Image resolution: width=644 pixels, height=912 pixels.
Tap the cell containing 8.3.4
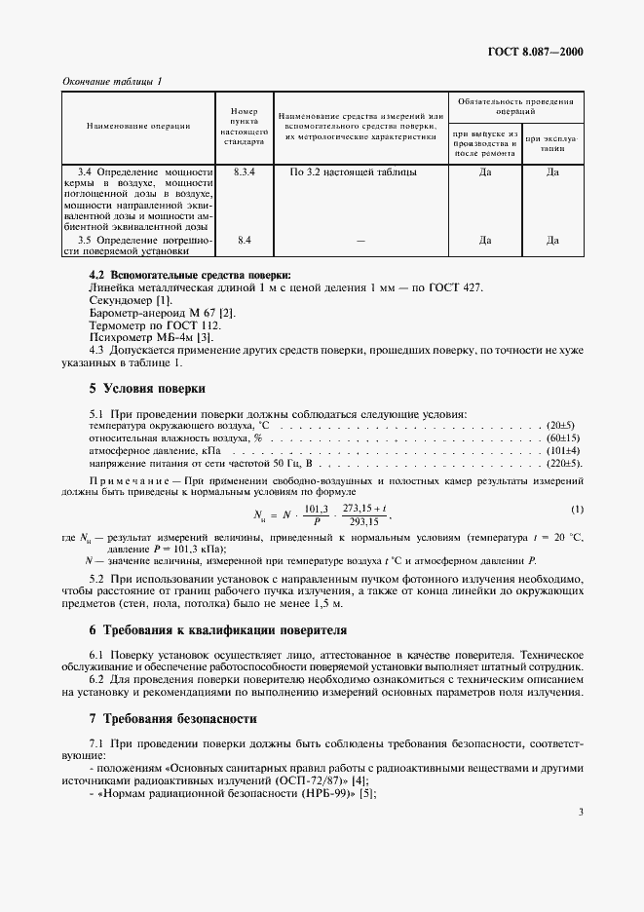point(244,172)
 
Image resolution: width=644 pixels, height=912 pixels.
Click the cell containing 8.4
point(244,239)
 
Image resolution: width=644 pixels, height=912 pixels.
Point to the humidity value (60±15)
point(562,439)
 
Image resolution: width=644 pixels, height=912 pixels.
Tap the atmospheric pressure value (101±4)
point(564,452)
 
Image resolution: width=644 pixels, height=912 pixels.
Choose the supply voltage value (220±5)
point(563,465)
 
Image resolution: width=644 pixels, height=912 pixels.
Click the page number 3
point(580,811)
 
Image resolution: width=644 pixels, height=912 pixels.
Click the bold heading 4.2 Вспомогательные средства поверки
point(176,275)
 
